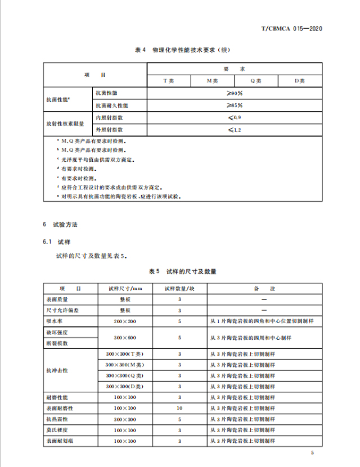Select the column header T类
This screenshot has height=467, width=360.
[169, 81]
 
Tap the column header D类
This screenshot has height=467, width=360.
[299, 81]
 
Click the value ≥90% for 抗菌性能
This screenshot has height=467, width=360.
[234, 93]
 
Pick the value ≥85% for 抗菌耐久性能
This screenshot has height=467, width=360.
[234, 105]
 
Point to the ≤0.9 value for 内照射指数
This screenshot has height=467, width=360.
[234, 117]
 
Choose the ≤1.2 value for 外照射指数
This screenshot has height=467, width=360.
[234, 130]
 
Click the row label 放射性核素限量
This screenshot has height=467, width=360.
[65, 124]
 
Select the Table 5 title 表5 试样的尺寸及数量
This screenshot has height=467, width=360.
[182, 271]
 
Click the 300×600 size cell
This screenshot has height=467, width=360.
[125, 338]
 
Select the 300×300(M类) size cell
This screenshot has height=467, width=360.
[125, 365]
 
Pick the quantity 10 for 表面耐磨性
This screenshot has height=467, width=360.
[179, 408]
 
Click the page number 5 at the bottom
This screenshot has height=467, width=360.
[312, 452]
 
